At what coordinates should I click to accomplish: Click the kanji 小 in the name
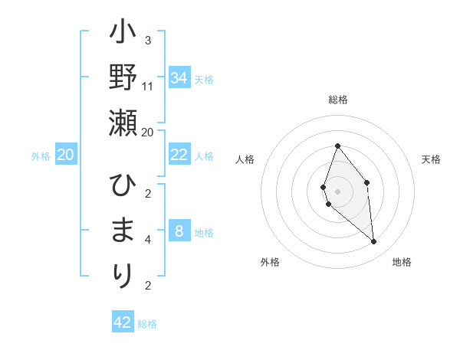tap(123, 34)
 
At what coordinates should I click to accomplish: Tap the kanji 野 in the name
tap(123, 77)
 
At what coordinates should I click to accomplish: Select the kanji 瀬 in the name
tap(123, 122)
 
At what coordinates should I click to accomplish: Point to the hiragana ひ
tap(123, 185)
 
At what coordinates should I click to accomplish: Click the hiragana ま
tap(123, 231)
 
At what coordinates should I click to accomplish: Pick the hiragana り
tap(123, 275)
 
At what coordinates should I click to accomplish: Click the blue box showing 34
tap(179, 78)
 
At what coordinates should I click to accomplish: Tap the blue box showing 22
tap(179, 155)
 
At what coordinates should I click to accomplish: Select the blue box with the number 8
tap(179, 231)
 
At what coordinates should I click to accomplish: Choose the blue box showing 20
tap(65, 155)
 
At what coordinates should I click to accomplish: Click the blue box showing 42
tap(123, 322)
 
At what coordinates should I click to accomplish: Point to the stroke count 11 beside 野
tap(148, 86)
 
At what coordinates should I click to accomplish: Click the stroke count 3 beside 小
tap(148, 41)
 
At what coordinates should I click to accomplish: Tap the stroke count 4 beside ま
tap(148, 240)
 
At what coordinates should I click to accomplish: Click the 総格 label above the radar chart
tap(337, 100)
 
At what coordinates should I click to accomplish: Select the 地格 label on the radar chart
tap(402, 262)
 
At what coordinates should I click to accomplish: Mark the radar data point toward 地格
tap(373, 242)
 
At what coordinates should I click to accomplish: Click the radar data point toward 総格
tap(337, 146)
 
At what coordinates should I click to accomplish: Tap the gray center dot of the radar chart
tap(337, 191)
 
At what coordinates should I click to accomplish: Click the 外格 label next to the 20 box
tap(41, 156)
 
